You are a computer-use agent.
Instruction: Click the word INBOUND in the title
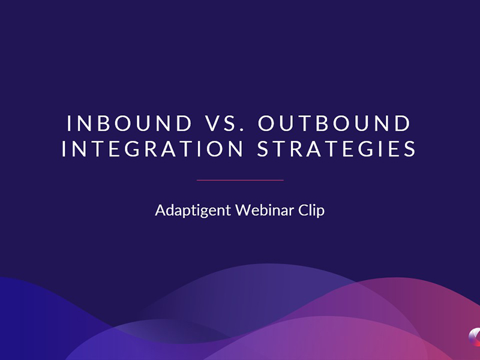click(x=129, y=124)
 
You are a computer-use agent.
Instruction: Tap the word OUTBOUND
click(x=334, y=124)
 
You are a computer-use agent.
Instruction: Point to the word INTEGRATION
click(x=152, y=149)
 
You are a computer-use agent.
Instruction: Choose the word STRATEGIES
click(x=336, y=149)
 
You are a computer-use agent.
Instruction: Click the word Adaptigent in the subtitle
click(x=193, y=211)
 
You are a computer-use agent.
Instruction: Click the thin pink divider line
click(x=240, y=181)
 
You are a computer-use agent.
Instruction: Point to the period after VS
click(x=243, y=130)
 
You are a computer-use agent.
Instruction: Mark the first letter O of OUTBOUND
click(x=266, y=124)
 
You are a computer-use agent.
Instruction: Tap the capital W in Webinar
click(x=244, y=210)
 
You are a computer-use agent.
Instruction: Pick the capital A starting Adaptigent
click(x=161, y=210)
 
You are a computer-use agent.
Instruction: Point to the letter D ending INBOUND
click(x=184, y=124)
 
